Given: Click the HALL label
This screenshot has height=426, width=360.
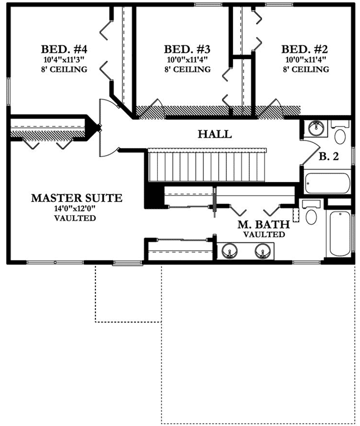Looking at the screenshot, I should click(215, 134).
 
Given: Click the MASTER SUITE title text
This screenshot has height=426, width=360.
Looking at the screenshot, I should click(76, 198).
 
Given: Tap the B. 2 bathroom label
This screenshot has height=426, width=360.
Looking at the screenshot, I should click(328, 157).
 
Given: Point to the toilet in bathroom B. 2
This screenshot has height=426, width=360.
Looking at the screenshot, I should click(340, 134).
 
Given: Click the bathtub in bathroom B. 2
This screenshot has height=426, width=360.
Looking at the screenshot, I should click(329, 183).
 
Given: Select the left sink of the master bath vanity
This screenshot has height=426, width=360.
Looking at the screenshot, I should click(229, 251).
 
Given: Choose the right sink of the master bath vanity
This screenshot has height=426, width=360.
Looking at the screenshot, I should click(262, 251).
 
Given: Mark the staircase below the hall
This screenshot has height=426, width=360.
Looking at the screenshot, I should click(206, 165).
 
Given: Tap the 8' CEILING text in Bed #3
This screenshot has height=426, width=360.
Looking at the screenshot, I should click(187, 69).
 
